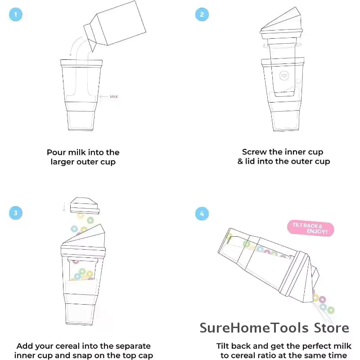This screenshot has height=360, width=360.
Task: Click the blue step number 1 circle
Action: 16,14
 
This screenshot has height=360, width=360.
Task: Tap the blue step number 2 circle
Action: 202,14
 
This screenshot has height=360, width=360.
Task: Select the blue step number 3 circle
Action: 16,213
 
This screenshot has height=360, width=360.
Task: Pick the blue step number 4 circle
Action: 202,214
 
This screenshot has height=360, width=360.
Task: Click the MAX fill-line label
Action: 114,97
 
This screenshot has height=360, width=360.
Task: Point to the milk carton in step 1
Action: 115,26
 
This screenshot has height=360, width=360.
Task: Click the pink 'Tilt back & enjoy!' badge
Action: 310,228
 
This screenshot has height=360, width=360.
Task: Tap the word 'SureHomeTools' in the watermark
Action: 254,328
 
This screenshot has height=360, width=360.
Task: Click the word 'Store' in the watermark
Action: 331,328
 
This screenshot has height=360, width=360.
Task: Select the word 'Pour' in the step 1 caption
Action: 56,153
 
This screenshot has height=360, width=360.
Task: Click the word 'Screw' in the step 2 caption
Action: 254,152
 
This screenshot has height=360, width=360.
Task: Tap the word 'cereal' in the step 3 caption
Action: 67,346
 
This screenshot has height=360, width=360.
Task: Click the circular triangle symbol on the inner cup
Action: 284,76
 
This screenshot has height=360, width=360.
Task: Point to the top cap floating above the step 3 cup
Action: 85,206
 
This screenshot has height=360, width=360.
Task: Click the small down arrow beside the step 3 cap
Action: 64,207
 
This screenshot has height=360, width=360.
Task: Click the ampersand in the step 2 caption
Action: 240,162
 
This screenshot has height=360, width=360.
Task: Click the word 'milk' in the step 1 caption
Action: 77,153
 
